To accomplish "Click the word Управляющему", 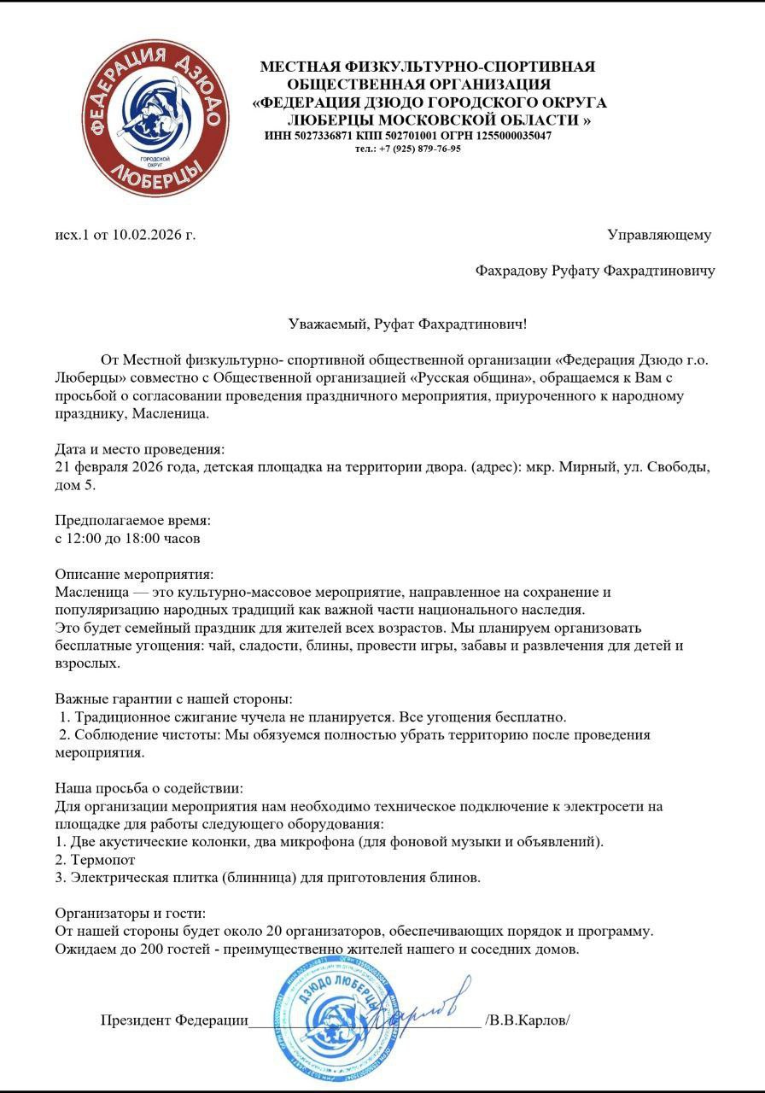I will click(658, 235).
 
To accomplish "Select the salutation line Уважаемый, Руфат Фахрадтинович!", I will click(406, 324).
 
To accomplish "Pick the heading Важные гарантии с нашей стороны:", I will click(174, 698).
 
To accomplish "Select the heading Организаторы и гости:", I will click(131, 913).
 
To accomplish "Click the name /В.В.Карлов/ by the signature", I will click(527, 1020).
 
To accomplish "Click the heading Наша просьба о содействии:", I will click(154, 788).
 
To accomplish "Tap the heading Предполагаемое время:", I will click(132, 520).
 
